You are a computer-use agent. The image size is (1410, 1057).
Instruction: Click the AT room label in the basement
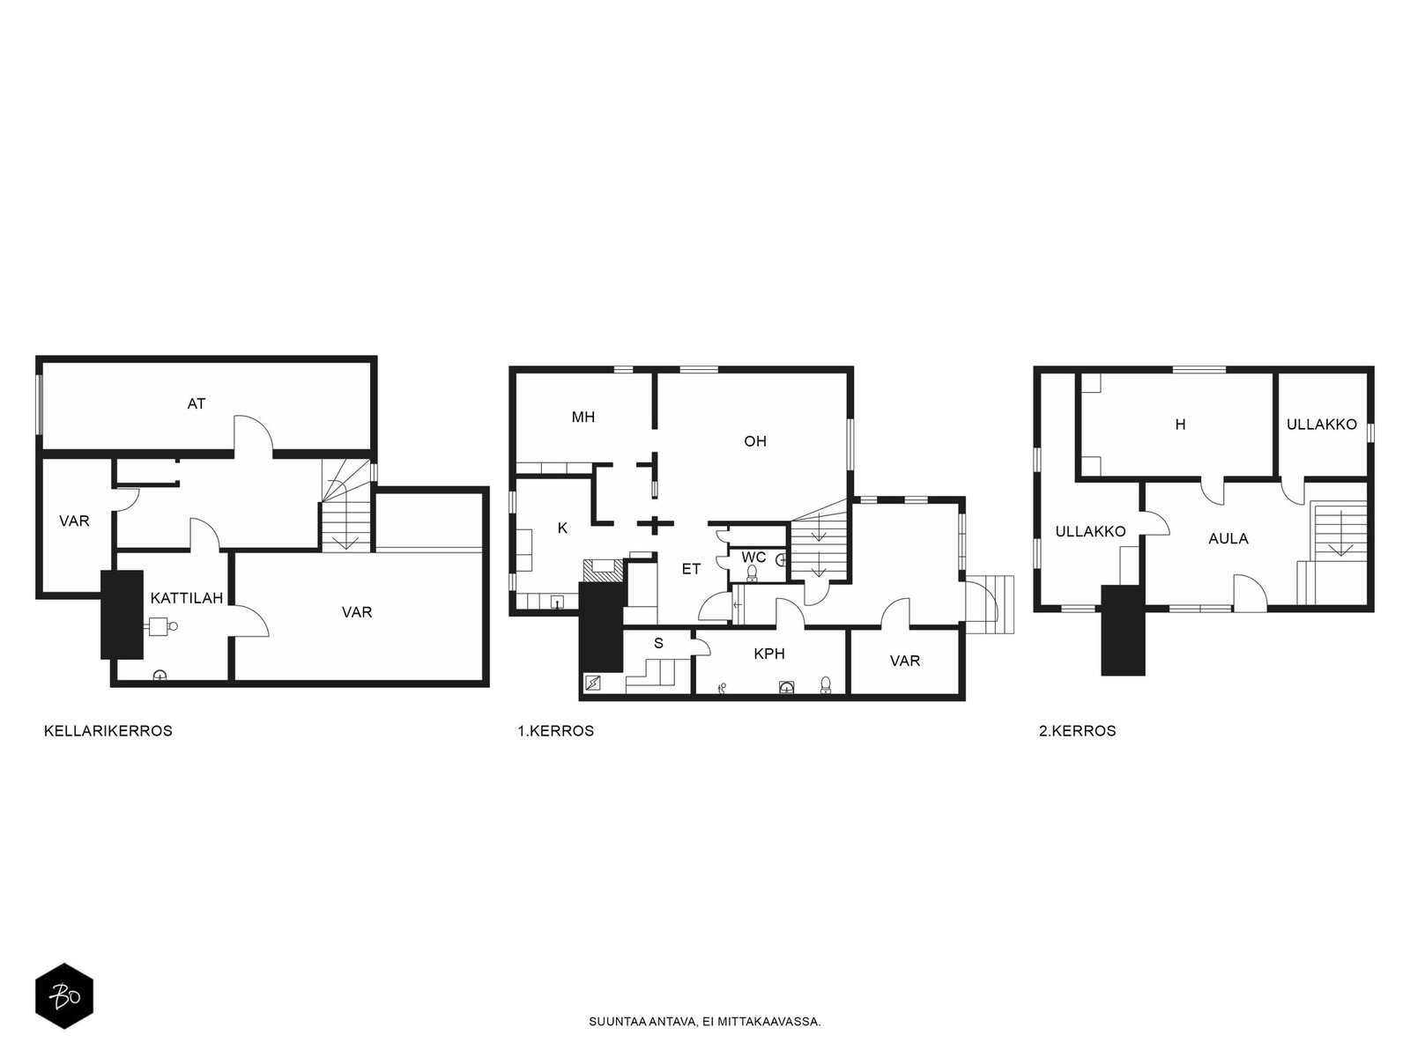tap(196, 403)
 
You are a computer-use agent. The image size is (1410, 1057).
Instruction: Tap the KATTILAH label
tap(186, 598)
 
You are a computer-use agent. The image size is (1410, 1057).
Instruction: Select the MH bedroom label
tap(583, 418)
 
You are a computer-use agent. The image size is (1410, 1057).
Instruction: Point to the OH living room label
tap(754, 441)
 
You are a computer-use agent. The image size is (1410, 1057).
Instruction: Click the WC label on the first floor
tap(753, 557)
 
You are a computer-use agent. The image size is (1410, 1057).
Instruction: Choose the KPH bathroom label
tap(769, 654)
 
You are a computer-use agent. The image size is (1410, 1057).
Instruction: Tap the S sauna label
tap(658, 643)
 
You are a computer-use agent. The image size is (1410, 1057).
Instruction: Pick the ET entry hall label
tap(691, 569)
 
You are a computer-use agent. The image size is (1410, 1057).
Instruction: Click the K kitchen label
tap(562, 528)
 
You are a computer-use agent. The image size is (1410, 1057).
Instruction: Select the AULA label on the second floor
tap(1228, 539)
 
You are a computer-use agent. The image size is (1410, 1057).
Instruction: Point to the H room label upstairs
tap(1180, 425)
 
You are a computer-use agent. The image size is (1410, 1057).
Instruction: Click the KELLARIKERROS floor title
tap(108, 731)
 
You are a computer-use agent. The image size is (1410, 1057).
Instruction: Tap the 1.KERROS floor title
tap(556, 731)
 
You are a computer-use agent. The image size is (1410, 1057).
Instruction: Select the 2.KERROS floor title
tap(1077, 731)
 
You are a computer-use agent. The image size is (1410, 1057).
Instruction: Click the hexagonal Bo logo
tap(64, 996)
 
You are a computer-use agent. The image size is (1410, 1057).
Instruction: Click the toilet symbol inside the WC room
tap(752, 573)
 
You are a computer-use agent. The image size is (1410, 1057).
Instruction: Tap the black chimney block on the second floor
tap(1123, 630)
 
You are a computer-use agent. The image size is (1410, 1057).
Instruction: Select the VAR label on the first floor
tap(904, 661)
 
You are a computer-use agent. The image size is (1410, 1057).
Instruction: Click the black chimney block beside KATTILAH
tap(122, 615)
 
